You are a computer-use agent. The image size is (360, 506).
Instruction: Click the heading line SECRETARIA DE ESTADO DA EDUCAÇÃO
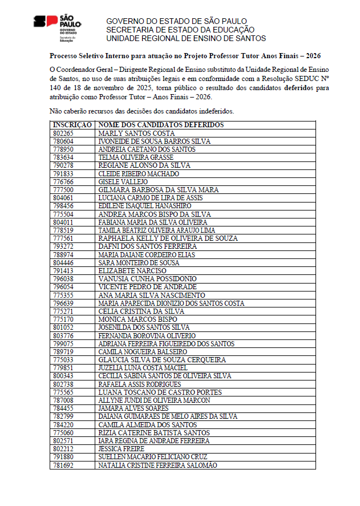[180, 30]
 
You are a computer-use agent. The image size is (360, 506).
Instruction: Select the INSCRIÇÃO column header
[72, 125]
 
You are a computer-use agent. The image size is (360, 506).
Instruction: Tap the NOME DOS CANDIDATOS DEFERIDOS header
[161, 125]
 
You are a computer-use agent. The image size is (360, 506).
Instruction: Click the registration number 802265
[63, 133]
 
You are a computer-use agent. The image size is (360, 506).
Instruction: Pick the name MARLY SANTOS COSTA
[128, 133]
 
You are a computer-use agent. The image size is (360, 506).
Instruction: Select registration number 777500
[63, 189]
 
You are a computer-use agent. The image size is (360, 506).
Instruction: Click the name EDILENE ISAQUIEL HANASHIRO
[145, 206]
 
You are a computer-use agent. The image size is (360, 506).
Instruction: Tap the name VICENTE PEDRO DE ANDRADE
[147, 287]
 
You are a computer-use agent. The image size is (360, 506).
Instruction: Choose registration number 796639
[63, 303]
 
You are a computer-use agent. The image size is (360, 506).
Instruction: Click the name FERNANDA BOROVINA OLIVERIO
[147, 335]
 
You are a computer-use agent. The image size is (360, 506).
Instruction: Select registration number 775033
[63, 360]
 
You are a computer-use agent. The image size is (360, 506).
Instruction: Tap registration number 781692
[63, 465]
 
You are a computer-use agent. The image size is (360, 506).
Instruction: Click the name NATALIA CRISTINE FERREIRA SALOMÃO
[157, 465]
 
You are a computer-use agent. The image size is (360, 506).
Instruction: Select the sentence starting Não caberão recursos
[141, 111]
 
